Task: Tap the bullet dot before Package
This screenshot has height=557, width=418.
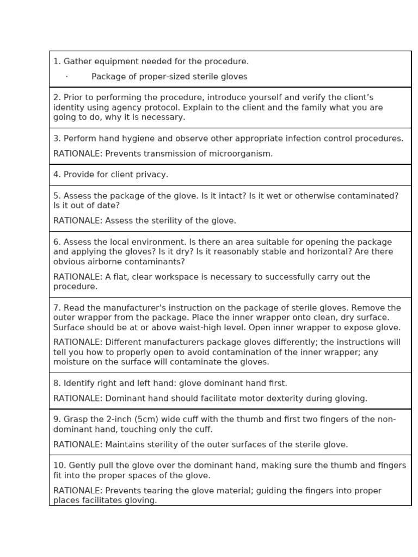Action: click(x=66, y=77)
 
